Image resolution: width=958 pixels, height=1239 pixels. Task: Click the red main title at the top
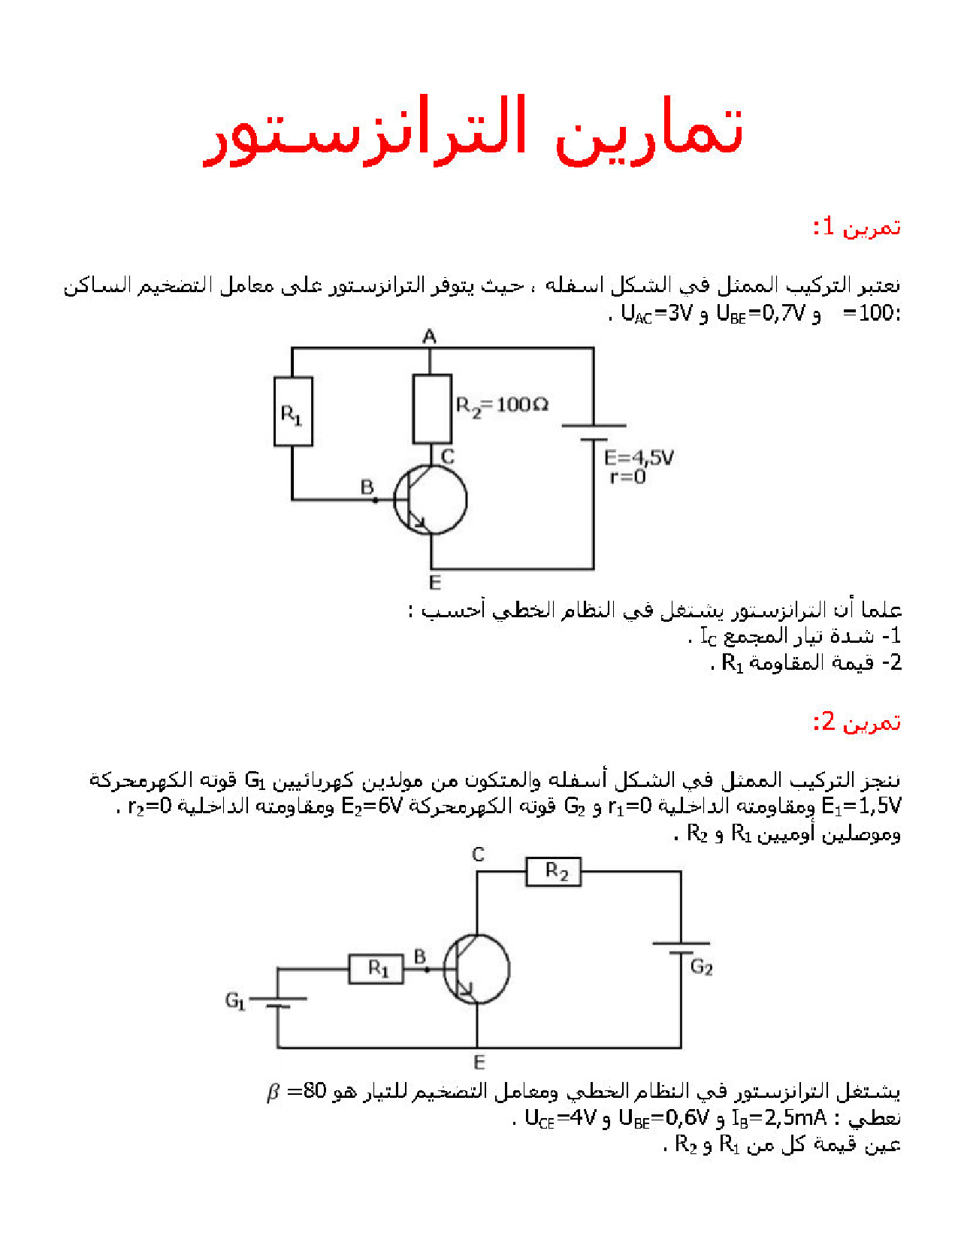point(474,131)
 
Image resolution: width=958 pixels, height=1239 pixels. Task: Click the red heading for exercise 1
point(857,227)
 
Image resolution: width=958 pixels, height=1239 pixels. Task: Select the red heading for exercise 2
point(857,722)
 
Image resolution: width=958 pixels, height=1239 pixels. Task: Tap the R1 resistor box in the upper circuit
point(293,412)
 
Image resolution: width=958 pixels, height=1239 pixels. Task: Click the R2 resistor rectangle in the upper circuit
point(432,408)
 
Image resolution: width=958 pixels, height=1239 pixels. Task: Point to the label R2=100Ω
point(502,405)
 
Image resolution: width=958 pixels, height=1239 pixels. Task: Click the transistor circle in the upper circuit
point(431,499)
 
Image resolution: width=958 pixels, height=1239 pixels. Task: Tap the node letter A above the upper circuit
point(429,336)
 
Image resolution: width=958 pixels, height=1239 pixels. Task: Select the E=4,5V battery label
point(639,457)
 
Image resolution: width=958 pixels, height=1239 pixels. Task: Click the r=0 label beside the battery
point(627,477)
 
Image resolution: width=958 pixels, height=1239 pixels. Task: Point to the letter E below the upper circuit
point(435,582)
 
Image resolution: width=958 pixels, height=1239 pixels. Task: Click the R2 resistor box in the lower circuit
point(553,872)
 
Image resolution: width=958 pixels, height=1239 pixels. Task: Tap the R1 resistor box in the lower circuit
point(376,969)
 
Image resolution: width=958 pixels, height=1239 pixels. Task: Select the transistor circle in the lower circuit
point(476,969)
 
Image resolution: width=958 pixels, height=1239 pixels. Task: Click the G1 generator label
point(235,1001)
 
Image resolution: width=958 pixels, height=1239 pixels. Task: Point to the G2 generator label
point(701,966)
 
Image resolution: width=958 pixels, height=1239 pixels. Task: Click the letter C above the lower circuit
point(479,855)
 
